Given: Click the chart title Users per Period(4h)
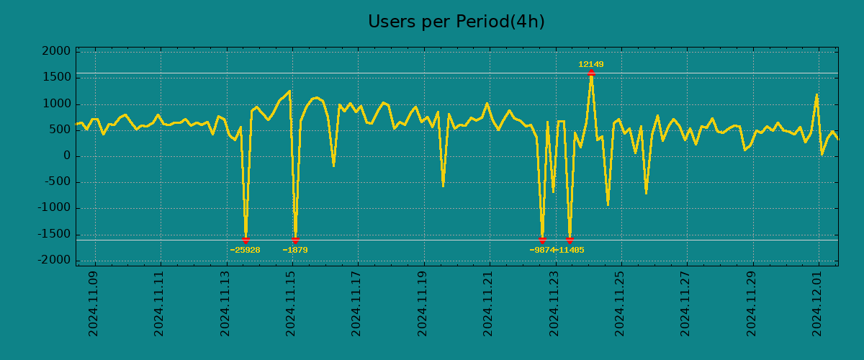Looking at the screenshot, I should click(x=456, y=22).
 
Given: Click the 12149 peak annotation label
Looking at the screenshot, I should click(x=590, y=64).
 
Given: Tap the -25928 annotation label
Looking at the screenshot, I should click(x=245, y=250).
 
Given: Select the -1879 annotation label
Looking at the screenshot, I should click(x=295, y=250).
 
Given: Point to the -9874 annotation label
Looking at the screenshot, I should click(x=541, y=250).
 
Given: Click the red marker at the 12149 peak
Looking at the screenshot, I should click(x=590, y=73).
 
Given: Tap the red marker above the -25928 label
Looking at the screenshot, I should click(x=246, y=240).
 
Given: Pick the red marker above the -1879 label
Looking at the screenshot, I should click(x=295, y=240).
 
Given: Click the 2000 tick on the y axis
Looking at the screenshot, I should click(x=56, y=52).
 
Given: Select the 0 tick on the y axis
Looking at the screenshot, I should click(x=66, y=156).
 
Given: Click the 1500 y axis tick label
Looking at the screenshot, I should click(x=56, y=78).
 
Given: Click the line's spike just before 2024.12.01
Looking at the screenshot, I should click(x=816, y=95).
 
